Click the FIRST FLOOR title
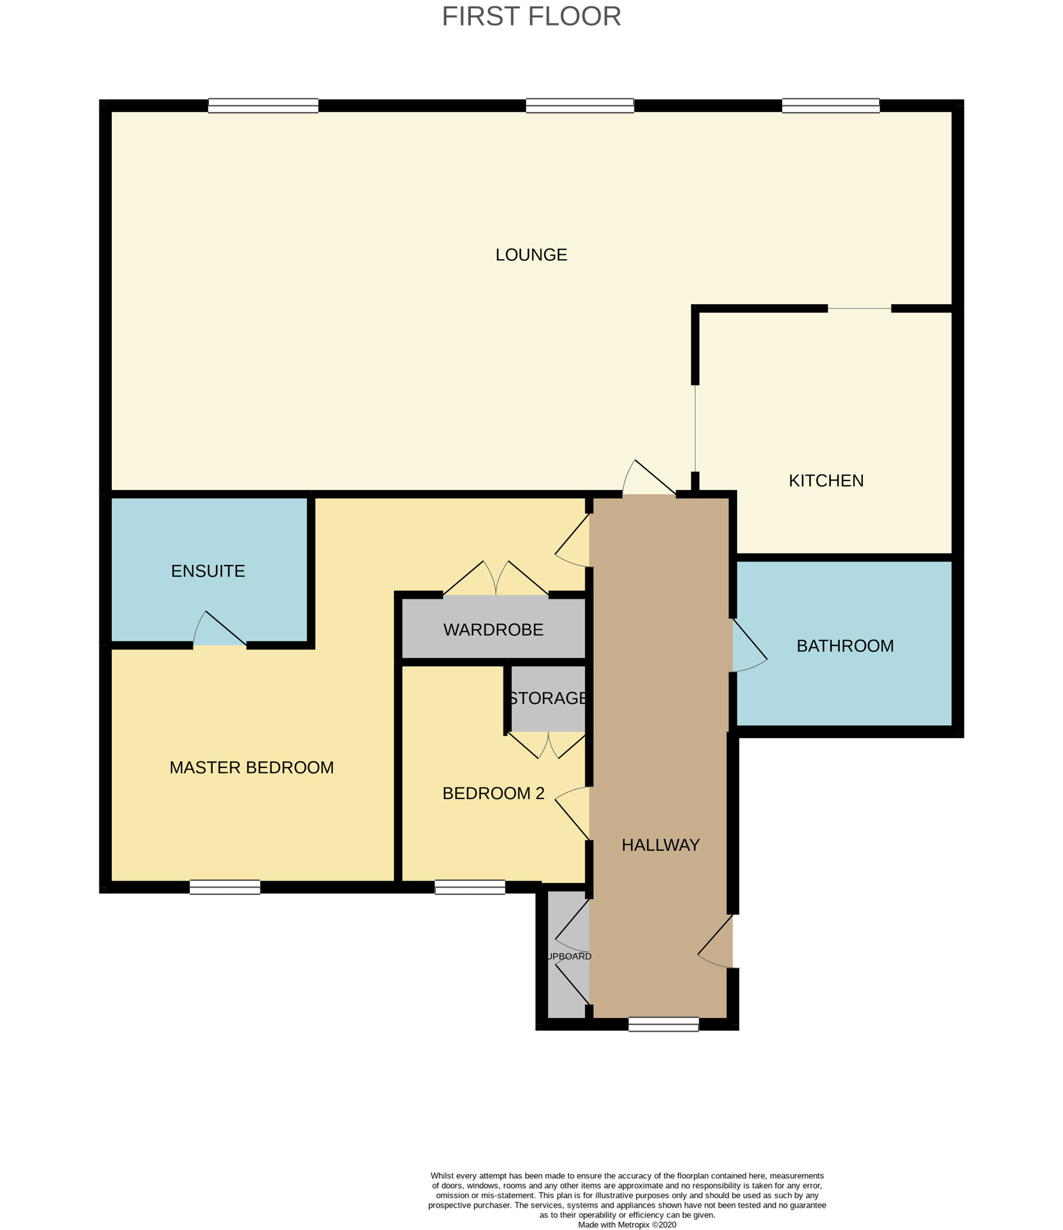(x=531, y=17)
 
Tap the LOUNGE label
(x=531, y=255)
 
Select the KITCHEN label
(x=826, y=480)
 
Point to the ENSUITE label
(x=208, y=571)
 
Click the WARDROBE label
(x=493, y=629)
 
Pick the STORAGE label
(x=548, y=698)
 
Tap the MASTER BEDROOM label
(x=251, y=767)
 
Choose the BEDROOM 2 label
(x=493, y=793)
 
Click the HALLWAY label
(x=660, y=845)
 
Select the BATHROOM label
(x=845, y=646)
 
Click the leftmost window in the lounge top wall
(x=263, y=106)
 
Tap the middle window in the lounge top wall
(x=580, y=106)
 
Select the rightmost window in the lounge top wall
(x=830, y=106)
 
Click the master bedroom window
(x=225, y=887)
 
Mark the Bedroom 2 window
(x=470, y=887)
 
